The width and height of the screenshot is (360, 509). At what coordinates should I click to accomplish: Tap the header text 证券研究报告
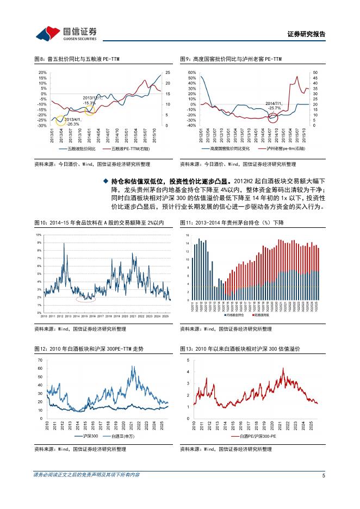pyautogui.click(x=306, y=34)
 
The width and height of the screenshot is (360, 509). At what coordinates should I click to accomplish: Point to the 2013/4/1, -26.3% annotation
pyautogui.click(x=72, y=121)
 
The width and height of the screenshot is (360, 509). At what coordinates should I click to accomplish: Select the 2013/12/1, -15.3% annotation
pyautogui.click(x=90, y=100)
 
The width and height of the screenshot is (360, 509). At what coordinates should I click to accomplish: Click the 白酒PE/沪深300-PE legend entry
pyautogui.click(x=258, y=436)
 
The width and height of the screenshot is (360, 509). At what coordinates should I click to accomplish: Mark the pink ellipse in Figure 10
pyautogui.click(x=85, y=298)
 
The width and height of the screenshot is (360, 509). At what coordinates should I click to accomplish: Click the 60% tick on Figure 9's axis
pyautogui.click(x=191, y=72)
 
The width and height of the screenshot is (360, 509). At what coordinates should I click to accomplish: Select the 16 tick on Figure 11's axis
pyautogui.click(x=187, y=235)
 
